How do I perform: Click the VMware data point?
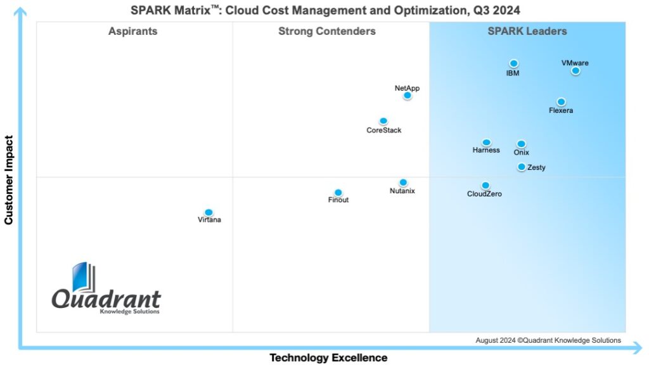click(575, 71)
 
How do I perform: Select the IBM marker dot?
click(514, 63)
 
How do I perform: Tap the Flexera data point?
click(561, 102)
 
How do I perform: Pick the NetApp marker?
click(408, 96)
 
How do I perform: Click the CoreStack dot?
click(383, 121)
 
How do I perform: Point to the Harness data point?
click(486, 143)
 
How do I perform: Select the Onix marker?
click(521, 144)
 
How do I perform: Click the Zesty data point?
click(522, 167)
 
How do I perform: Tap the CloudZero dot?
click(485, 186)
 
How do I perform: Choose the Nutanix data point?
click(403, 182)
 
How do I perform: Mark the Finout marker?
click(338, 193)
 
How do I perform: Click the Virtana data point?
click(209, 212)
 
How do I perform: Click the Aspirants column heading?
click(132, 31)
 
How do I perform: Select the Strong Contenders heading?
click(327, 31)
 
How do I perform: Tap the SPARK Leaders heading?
click(527, 31)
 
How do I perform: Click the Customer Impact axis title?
click(9, 180)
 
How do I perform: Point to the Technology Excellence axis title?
click(328, 358)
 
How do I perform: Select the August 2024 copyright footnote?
click(548, 340)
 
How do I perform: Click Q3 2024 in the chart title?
click(498, 10)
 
